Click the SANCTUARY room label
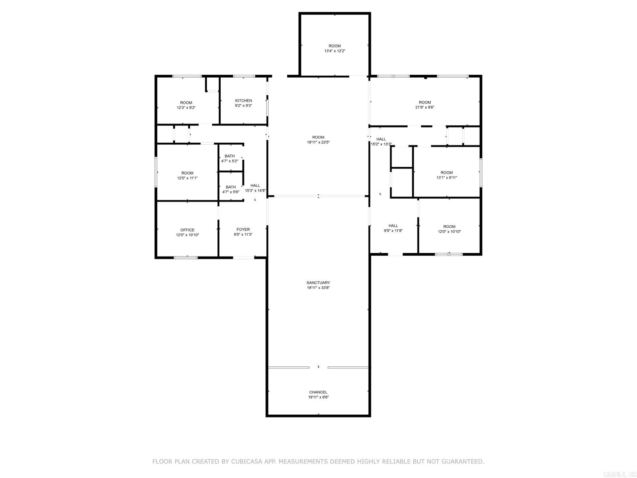tap(318, 283)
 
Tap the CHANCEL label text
tap(318, 392)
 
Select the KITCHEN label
tap(244, 101)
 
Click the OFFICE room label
tap(187, 230)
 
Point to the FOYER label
tap(243, 229)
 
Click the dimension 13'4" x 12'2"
tap(335, 51)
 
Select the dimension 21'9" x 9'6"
tap(425, 108)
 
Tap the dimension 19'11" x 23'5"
tap(318, 142)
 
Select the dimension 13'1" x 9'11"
tap(447, 178)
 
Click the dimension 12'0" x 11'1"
tap(187, 178)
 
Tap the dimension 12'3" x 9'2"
tap(186, 108)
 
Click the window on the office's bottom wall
tap(186, 257)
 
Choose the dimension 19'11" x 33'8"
tap(318, 288)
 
